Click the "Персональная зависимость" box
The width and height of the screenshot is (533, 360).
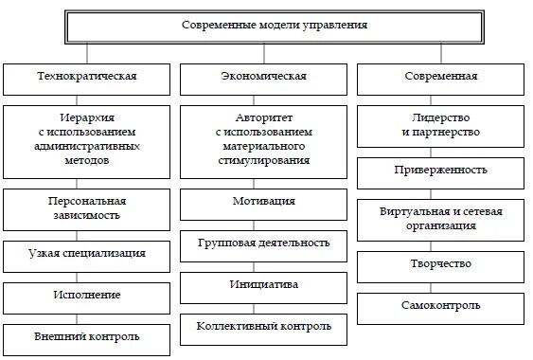pos(86,208)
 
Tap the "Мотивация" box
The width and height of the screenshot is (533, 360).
pos(264,202)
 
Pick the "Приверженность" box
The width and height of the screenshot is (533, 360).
pos(440,171)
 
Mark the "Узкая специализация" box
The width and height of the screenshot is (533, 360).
pos(86,253)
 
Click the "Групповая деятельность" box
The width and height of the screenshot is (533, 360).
pos(264,243)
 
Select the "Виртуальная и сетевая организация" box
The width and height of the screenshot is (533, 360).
pos(440,218)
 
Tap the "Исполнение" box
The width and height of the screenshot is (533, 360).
pos(86,295)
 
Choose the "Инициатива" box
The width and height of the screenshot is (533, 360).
pos(264,284)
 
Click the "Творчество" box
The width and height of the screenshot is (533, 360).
pos(440,263)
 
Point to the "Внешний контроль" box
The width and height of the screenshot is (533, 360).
pos(86,336)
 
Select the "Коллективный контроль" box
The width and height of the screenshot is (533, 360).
pos(264,327)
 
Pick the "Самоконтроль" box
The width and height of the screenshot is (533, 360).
pos(440,305)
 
